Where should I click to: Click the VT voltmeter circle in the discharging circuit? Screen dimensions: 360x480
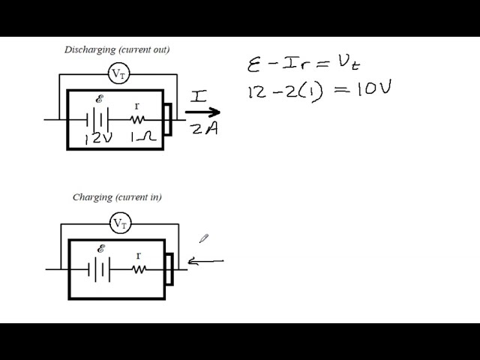pos(118,73)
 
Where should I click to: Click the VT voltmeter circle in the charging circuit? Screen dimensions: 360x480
pos(119,223)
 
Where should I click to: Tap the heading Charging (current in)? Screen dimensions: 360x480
pos(117,197)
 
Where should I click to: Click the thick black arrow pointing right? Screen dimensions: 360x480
pos(202,112)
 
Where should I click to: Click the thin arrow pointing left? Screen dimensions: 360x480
pos(206,261)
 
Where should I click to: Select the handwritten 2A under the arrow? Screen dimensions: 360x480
pos(203,130)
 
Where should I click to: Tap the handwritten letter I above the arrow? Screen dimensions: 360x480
pos(199,95)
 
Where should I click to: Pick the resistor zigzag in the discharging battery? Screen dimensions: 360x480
pos(138,118)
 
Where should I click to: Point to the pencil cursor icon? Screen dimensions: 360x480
pos(203,238)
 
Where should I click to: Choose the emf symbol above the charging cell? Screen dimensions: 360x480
pos(101,248)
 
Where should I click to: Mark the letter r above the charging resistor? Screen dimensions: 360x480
pos(138,255)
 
